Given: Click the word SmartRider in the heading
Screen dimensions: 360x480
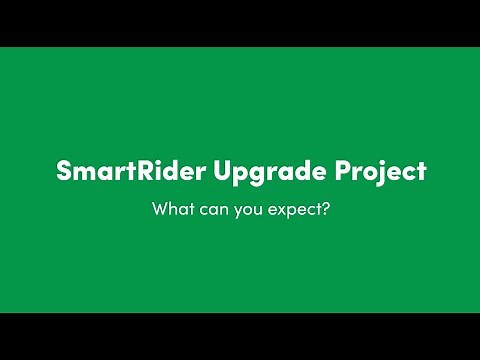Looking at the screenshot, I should (131, 170).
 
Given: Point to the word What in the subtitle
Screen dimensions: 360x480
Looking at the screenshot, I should (171, 211).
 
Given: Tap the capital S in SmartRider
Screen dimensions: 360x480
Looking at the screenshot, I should (62, 170).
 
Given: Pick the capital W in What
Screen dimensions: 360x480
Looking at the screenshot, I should (160, 211).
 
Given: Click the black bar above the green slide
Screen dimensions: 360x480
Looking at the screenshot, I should (240, 22).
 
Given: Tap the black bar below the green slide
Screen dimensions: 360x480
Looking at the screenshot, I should (240, 337).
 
